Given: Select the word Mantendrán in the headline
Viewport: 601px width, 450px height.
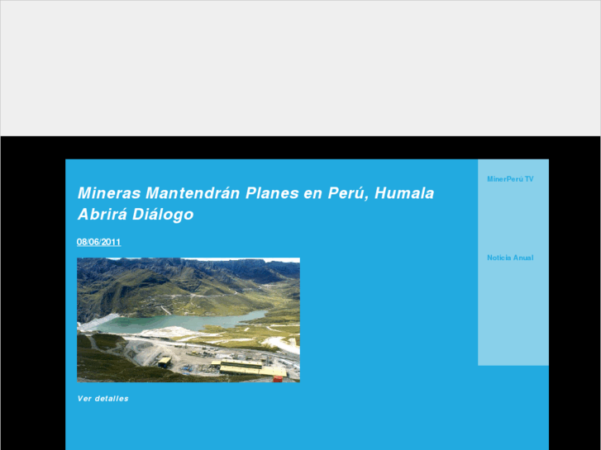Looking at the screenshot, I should point(193,193).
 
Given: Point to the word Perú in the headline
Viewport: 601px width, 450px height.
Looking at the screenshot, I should point(347,193).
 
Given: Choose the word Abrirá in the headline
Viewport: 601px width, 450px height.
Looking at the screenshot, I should point(102,215).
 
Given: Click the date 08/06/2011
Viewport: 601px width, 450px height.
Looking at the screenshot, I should point(99,242).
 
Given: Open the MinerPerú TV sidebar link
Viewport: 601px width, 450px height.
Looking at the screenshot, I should point(510,178).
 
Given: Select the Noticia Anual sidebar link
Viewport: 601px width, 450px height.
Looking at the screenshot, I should point(510,258).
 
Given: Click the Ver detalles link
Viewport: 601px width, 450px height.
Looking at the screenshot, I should point(103,399).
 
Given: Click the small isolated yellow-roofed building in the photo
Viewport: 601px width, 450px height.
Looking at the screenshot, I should point(165,361).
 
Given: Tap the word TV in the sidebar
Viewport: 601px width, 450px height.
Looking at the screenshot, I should point(529,178).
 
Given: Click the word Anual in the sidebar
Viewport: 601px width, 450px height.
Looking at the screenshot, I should point(523,258).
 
